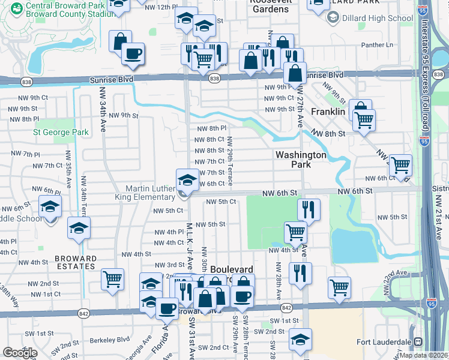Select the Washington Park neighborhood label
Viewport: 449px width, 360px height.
300,160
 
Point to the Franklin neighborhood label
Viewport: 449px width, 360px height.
328,112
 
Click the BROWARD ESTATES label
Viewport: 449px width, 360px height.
76,263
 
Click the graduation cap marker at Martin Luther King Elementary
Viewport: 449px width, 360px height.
187,179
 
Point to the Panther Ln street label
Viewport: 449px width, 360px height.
377,45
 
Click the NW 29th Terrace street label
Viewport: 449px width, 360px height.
230,160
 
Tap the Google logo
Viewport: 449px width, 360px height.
20,352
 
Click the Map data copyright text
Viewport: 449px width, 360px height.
423,355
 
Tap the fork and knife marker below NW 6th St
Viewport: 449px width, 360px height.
309,209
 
